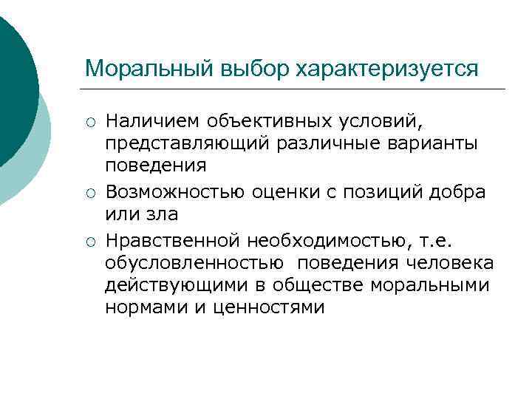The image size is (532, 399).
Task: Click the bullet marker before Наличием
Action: tap(89, 121)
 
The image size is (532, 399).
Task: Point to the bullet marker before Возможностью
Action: tap(89, 194)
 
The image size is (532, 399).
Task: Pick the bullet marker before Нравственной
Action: tap(89, 242)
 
